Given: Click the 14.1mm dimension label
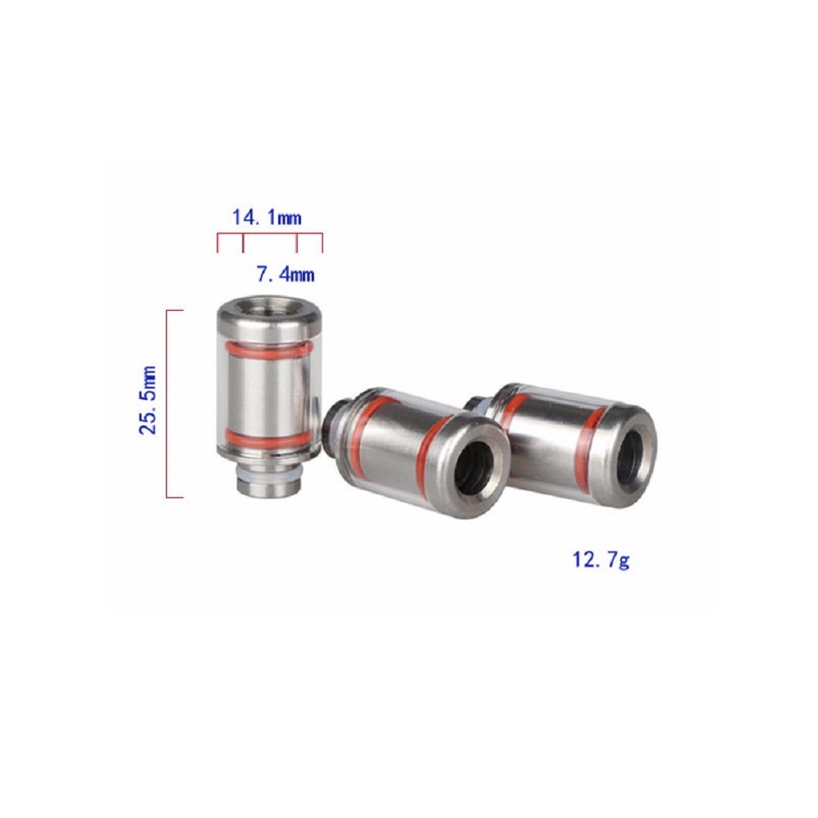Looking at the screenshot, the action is (x=267, y=217).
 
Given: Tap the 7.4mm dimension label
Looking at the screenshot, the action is (x=285, y=274).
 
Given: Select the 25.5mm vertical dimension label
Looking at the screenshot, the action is (x=148, y=400).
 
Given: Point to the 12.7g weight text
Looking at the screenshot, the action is (x=601, y=560).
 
